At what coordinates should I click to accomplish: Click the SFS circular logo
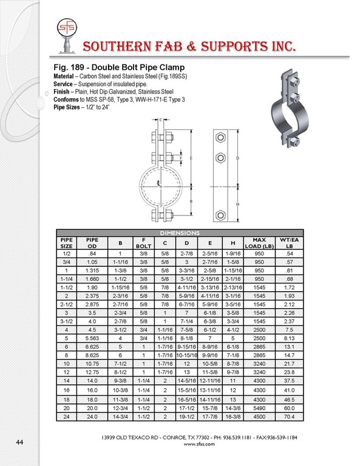click(67, 28)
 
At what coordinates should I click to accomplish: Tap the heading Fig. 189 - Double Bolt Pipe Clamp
click(119, 67)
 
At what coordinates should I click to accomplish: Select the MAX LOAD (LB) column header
click(259, 243)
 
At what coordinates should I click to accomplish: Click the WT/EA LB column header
click(289, 243)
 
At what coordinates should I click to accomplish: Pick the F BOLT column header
click(144, 243)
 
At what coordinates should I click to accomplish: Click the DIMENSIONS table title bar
click(180, 233)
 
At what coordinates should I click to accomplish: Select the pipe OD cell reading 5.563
click(92, 338)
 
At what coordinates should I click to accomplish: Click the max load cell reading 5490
click(259, 408)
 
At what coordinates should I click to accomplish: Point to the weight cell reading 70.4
click(289, 417)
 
